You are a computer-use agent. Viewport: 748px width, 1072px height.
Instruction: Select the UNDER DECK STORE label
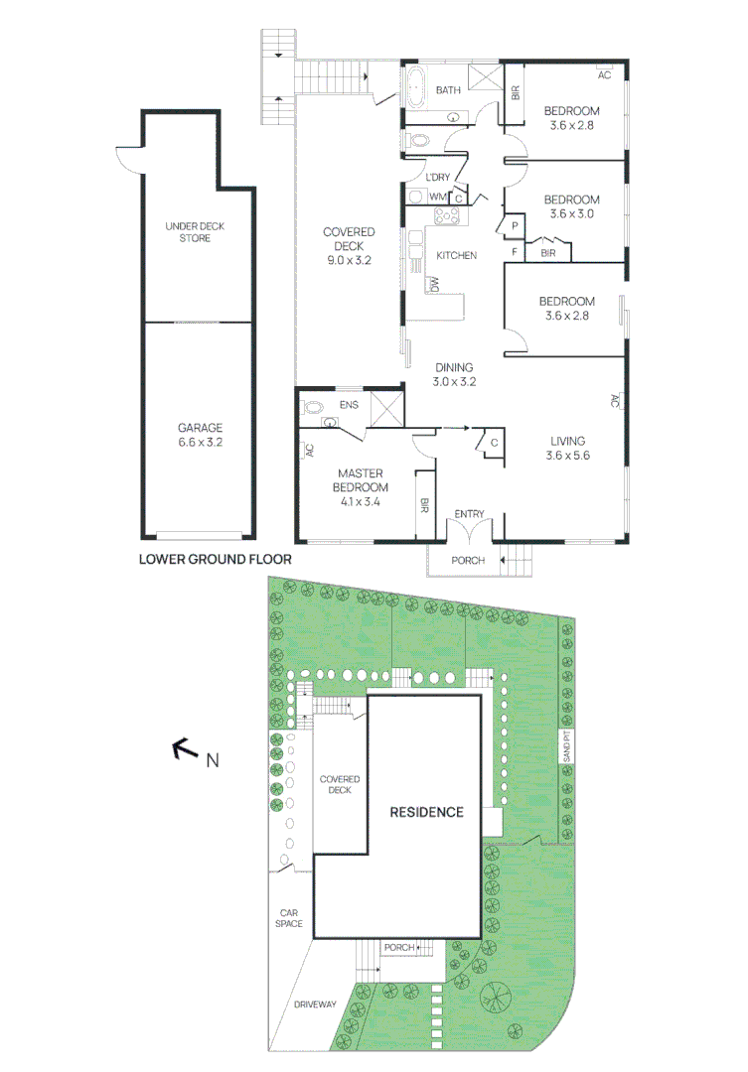click(x=195, y=232)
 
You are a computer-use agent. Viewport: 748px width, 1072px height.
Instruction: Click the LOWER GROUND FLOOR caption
click(x=216, y=559)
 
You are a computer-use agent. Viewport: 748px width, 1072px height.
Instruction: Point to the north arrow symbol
click(x=185, y=749)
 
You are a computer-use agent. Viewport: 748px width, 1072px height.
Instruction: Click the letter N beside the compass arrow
click(x=212, y=761)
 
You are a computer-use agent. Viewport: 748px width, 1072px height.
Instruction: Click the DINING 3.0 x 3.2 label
click(x=453, y=374)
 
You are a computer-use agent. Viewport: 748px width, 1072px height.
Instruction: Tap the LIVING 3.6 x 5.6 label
click(x=567, y=449)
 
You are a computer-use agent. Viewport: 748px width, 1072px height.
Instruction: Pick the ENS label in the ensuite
click(x=349, y=405)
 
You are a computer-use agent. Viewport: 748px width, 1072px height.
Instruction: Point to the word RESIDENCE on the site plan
click(x=426, y=812)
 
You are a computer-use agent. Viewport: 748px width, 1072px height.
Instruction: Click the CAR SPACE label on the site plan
click(x=289, y=918)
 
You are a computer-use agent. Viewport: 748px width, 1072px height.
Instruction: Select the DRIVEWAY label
click(x=316, y=1005)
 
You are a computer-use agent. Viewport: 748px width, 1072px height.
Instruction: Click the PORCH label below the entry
click(x=468, y=561)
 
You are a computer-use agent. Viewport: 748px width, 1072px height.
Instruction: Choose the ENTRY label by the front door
click(x=469, y=514)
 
